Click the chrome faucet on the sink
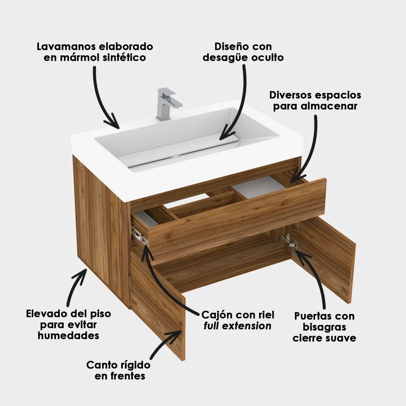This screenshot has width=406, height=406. click(167, 104)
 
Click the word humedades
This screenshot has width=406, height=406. click(68, 335)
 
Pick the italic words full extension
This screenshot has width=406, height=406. click(238, 326)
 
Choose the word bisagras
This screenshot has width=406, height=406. click(324, 328)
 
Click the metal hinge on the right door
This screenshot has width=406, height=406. click(290, 242)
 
